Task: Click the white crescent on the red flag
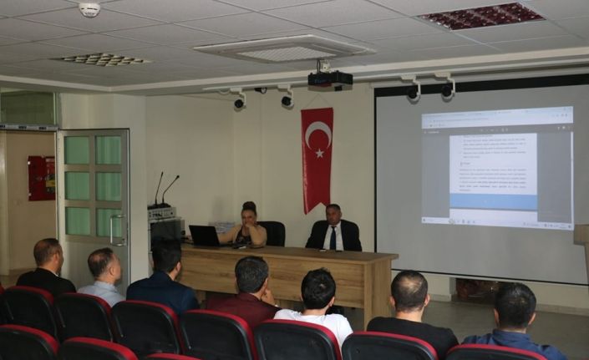point(317,134)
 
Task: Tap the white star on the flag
point(319,153)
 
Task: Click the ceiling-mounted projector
point(329,80)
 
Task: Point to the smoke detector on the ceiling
point(89,9)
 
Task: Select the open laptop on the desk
point(204,236)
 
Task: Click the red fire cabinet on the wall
point(41,178)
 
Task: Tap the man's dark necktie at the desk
point(333,239)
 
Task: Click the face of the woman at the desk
point(249,216)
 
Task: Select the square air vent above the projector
point(284,49)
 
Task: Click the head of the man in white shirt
point(317,287)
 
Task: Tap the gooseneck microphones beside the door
point(164,190)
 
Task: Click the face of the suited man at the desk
point(333,216)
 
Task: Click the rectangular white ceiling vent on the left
point(103,59)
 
